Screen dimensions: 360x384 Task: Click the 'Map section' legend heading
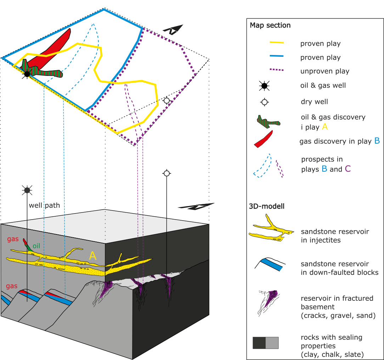click(x=270, y=26)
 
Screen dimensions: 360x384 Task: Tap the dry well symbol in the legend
click(x=264, y=102)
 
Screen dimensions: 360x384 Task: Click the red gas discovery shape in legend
click(x=264, y=139)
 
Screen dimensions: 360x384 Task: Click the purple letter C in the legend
click(x=348, y=169)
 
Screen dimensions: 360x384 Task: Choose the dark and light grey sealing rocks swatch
click(x=265, y=343)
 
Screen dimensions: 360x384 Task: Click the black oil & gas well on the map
click(x=27, y=74)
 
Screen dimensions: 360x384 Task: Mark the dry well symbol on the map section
click(x=166, y=101)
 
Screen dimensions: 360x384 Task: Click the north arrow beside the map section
click(x=174, y=29)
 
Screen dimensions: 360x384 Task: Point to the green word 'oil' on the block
click(x=36, y=246)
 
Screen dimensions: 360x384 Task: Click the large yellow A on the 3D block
click(x=93, y=255)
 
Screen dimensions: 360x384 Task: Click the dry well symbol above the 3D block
click(x=166, y=173)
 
